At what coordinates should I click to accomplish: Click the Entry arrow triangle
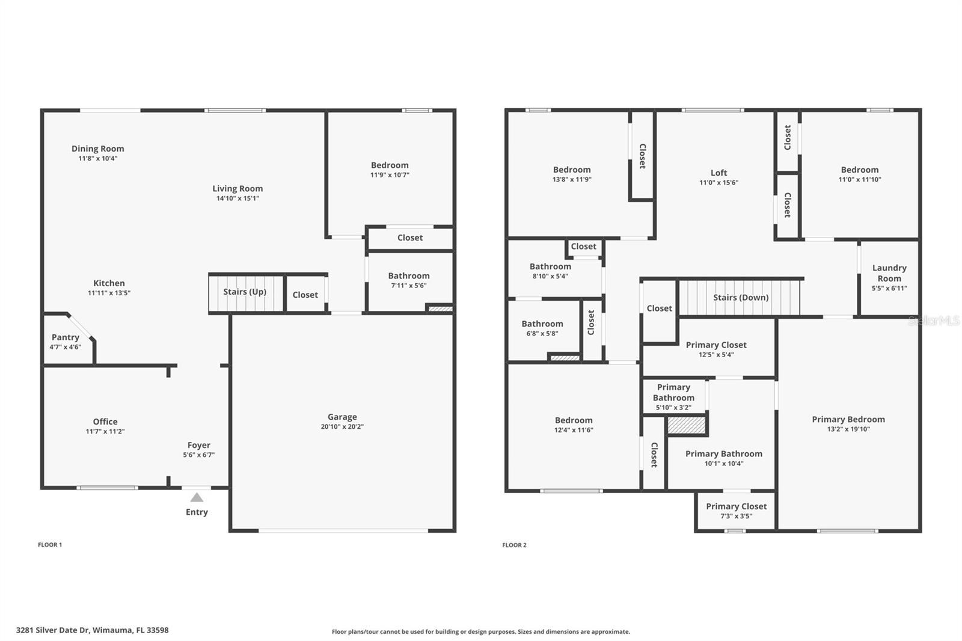tap(197, 497)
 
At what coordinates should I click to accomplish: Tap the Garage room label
tap(342, 417)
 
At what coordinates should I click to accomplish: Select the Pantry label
tap(66, 337)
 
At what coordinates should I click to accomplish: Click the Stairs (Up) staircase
tap(246, 293)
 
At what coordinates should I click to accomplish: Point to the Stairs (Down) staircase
tap(740, 298)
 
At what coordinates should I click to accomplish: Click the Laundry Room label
tap(889, 273)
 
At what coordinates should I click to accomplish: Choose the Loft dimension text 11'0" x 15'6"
tap(719, 183)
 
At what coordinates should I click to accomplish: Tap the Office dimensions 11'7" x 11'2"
tap(105, 431)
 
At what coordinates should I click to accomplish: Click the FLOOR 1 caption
tap(50, 545)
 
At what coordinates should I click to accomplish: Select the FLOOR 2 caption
tap(515, 545)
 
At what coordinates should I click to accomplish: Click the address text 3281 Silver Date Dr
tap(53, 630)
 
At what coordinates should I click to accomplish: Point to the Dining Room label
tap(98, 149)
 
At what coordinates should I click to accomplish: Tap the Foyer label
tap(199, 445)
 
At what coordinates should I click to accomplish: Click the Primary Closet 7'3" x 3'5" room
tap(736, 511)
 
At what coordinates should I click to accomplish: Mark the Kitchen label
tap(109, 283)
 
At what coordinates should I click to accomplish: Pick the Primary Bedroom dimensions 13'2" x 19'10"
tap(848, 429)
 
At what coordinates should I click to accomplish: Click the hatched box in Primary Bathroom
tap(686, 425)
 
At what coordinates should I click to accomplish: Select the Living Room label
tap(237, 189)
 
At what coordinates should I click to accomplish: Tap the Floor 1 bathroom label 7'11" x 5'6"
tap(409, 285)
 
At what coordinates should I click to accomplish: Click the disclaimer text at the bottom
tap(481, 631)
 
